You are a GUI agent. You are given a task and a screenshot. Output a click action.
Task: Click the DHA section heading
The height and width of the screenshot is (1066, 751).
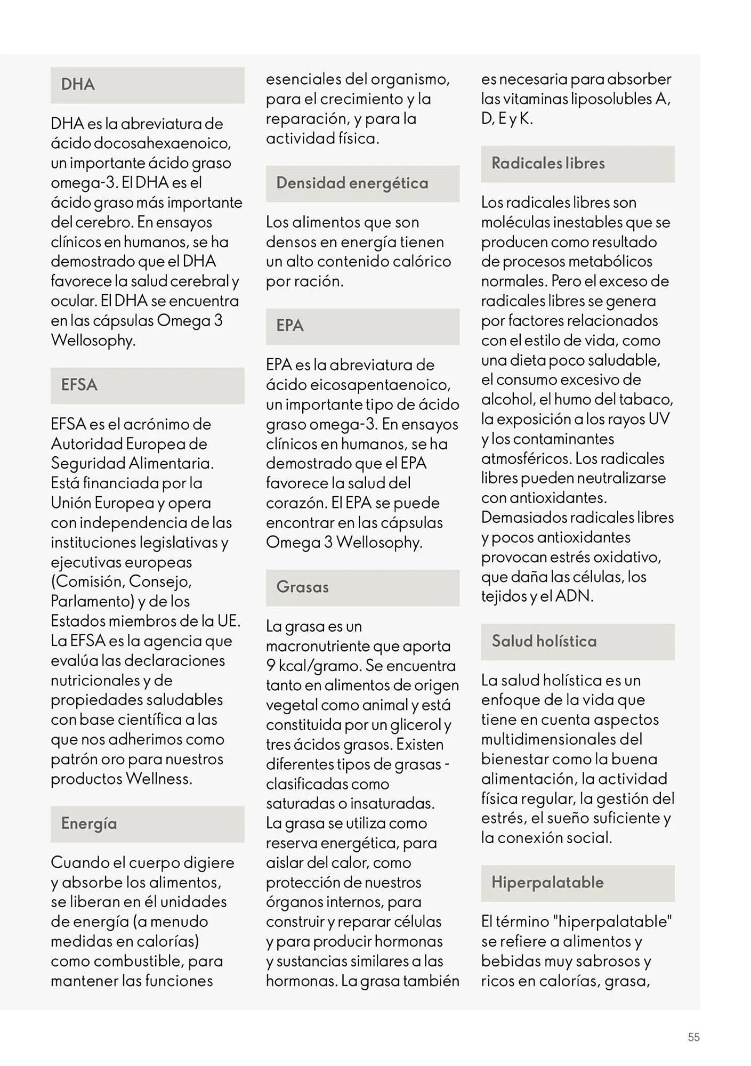click(78, 85)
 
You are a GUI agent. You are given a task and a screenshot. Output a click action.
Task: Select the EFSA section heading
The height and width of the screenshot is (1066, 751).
click(79, 385)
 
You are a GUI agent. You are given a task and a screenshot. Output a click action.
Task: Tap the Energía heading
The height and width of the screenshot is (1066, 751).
click(88, 823)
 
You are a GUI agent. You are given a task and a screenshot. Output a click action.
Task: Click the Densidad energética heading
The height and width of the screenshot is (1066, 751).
click(352, 183)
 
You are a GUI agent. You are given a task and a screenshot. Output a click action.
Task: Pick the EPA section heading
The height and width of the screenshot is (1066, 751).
click(289, 326)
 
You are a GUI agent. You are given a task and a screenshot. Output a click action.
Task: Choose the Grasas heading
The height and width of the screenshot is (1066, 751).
click(302, 587)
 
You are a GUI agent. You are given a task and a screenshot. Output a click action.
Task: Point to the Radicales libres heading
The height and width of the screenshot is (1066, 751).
click(548, 164)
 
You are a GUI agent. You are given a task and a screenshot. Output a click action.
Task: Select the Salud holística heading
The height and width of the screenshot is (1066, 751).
click(544, 641)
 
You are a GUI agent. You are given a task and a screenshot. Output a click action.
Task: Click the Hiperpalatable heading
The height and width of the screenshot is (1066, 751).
click(547, 883)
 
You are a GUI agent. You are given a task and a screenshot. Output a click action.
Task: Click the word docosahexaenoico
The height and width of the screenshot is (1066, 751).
click(162, 143)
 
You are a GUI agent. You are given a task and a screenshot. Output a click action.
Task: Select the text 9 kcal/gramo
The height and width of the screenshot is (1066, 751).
click(312, 666)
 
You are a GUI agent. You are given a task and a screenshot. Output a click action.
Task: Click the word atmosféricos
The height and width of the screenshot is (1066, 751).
click(523, 458)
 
